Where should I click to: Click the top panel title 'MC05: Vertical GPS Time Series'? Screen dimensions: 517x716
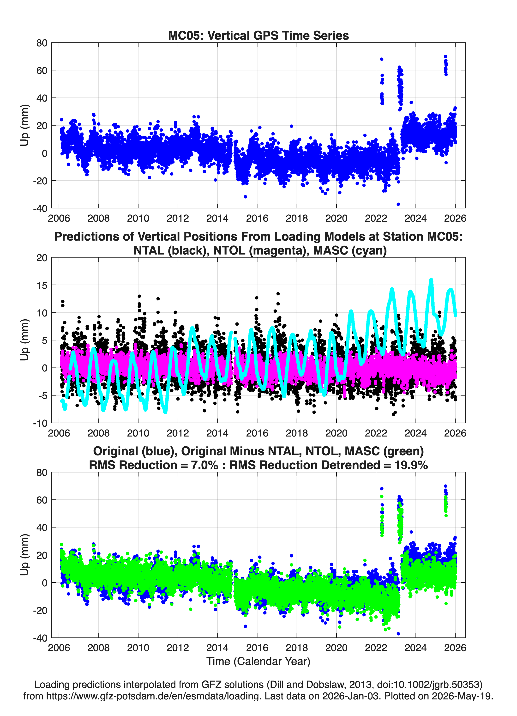258,35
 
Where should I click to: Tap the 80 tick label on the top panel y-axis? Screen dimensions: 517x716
42,43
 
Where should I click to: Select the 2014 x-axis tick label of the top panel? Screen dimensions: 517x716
217,218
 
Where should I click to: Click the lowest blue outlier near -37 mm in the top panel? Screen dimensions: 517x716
398,204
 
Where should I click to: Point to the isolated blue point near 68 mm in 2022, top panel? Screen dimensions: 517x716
382,59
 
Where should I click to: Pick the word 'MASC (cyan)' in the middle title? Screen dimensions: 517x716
350,250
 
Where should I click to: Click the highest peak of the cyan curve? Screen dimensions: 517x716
431,280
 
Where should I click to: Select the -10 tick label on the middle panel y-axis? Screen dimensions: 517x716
40,423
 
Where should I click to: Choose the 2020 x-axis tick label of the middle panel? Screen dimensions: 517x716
336,433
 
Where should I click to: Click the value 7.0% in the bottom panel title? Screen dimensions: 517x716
204,465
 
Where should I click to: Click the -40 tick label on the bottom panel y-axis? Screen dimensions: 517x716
40,638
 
